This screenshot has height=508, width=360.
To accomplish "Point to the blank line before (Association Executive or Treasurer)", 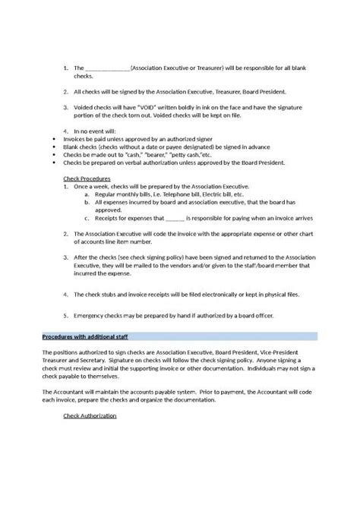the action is (109, 68).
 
